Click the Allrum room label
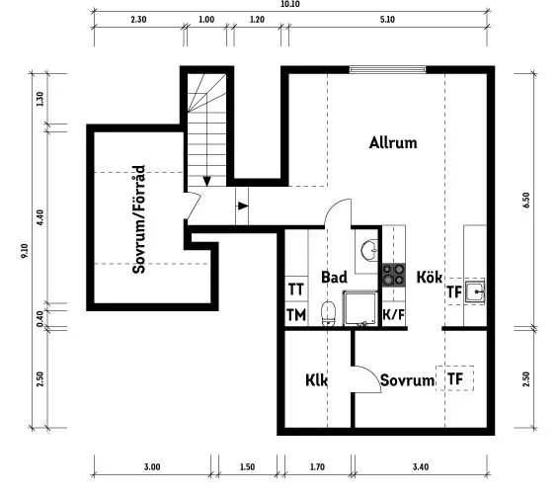pyautogui.click(x=393, y=142)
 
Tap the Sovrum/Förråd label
pyautogui.click(x=139, y=219)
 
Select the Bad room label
pyautogui.click(x=334, y=278)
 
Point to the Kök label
pyautogui.click(x=430, y=278)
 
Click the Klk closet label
pyautogui.click(x=317, y=380)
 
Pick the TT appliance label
pyautogui.click(x=296, y=289)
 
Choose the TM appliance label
pyautogui.click(x=296, y=315)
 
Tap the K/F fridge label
pyautogui.click(x=394, y=315)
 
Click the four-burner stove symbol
pyautogui.click(x=394, y=275)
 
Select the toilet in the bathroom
pyautogui.click(x=329, y=314)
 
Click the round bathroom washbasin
pyautogui.click(x=369, y=250)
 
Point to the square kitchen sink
pyautogui.click(x=474, y=292)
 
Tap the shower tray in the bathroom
pyautogui.click(x=360, y=308)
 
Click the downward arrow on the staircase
pyautogui.click(x=206, y=181)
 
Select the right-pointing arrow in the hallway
pyautogui.click(x=243, y=206)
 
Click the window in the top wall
pyautogui.click(x=387, y=69)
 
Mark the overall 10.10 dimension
pyautogui.click(x=290, y=4)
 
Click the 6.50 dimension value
pyautogui.click(x=526, y=200)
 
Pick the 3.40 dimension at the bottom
pyautogui.click(x=421, y=466)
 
